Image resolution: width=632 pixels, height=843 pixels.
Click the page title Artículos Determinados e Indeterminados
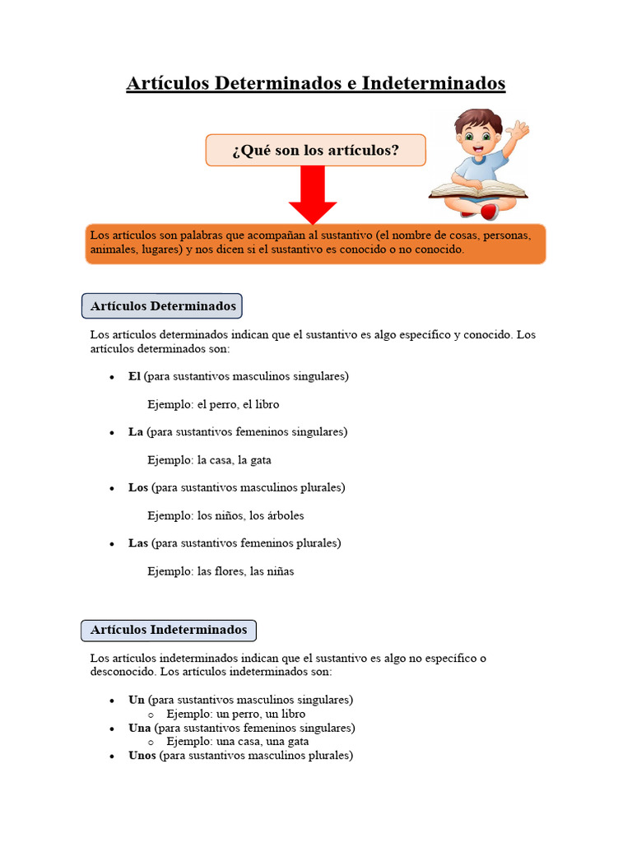[x=315, y=83]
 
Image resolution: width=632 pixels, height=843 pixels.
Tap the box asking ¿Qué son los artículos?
[x=315, y=151]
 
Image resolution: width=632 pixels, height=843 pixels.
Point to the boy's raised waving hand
[x=519, y=129]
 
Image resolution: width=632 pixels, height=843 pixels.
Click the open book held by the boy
[x=477, y=190]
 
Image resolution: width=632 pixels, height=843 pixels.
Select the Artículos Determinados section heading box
[x=162, y=306]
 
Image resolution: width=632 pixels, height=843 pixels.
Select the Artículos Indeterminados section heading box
[x=169, y=630]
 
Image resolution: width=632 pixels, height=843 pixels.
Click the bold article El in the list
[x=134, y=376]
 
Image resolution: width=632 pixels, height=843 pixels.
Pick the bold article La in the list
[x=136, y=431]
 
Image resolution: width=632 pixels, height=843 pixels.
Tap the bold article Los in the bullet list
[x=138, y=487]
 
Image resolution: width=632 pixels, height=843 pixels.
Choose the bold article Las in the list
[x=138, y=543]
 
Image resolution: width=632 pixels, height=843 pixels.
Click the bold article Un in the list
[x=137, y=700]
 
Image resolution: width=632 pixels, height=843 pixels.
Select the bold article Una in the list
[x=140, y=728]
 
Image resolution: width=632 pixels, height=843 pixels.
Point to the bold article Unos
[x=142, y=755]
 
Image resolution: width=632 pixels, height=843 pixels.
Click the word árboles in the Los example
[x=286, y=515]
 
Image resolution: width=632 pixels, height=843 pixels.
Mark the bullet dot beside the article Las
[x=112, y=544]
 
